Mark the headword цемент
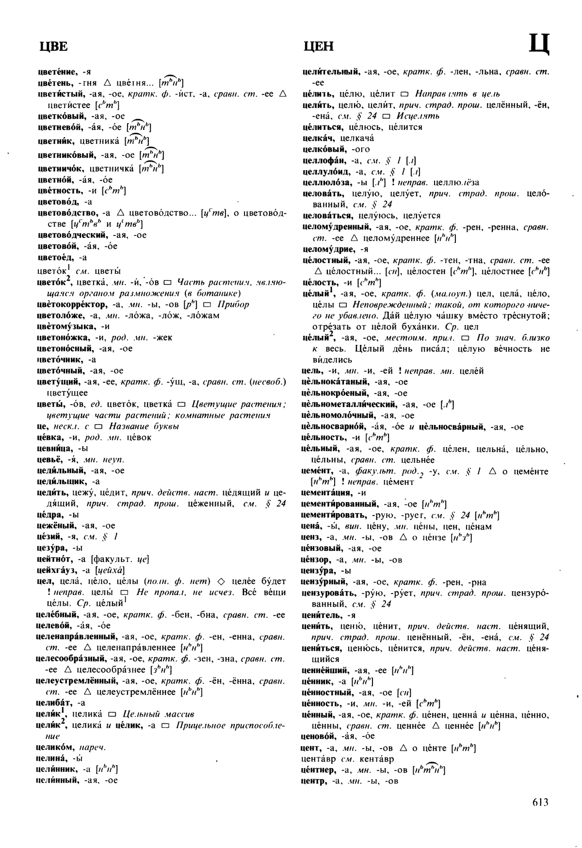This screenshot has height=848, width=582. point(317,471)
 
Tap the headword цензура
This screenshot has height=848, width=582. point(319,570)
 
